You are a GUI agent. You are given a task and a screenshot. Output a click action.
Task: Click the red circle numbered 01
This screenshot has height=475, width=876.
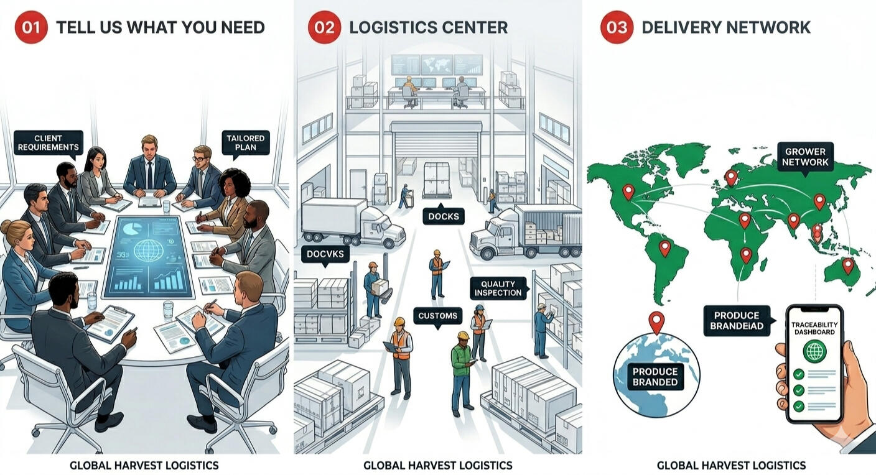click(31, 27)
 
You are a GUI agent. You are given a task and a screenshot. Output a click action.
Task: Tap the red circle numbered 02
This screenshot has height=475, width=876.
click(324, 27)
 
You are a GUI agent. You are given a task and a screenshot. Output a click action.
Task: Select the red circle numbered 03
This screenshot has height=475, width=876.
click(617, 27)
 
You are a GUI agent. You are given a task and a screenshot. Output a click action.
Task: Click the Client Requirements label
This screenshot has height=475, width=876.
click(49, 143)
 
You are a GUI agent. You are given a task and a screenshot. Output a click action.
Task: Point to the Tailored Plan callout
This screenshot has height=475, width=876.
click(246, 143)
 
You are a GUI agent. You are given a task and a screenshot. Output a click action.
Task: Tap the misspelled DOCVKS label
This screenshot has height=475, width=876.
click(325, 254)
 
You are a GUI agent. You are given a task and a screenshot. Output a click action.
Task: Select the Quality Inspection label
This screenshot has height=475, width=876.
click(498, 288)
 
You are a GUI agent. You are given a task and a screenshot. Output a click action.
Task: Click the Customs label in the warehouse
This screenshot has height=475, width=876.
click(437, 316)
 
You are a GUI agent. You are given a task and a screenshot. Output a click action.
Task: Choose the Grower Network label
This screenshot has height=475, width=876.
click(805, 157)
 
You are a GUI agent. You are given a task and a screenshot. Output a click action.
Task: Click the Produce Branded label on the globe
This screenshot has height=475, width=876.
click(655, 377)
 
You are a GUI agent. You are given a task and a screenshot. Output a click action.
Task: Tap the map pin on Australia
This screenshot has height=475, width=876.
click(847, 266)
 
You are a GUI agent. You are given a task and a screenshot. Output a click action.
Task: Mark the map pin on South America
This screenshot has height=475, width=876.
click(665, 248)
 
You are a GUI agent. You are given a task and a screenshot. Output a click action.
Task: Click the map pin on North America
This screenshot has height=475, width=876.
click(628, 192)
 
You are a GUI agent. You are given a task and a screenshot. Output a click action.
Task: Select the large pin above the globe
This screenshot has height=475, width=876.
click(656, 322)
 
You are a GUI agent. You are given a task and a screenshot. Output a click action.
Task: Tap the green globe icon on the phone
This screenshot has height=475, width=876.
click(814, 351)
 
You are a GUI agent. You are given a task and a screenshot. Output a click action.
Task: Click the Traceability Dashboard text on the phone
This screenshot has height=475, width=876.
click(814, 328)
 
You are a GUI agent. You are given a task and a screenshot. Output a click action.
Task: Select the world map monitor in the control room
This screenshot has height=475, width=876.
click(437, 64)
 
